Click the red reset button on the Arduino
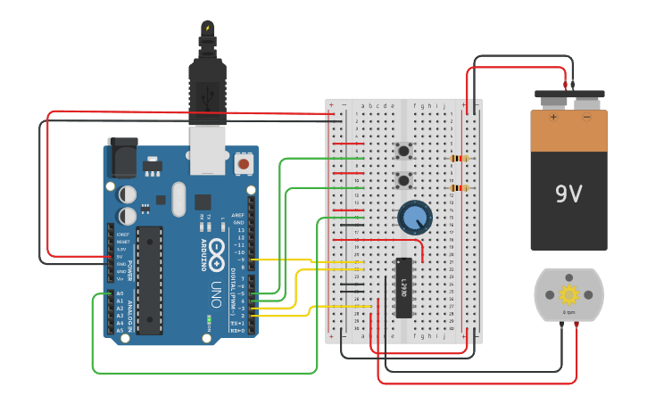coord(243,164)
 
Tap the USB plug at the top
coord(207,89)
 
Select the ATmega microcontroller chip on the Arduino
coord(149,279)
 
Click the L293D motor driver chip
coord(403,286)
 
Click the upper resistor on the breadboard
coord(459,159)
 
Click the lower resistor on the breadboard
coord(459,188)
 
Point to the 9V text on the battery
coord(568,193)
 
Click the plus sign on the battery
coord(552,116)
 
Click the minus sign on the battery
coord(586,116)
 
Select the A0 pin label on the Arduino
coord(120,293)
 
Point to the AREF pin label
coord(238,215)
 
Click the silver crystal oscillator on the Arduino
coord(178,198)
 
